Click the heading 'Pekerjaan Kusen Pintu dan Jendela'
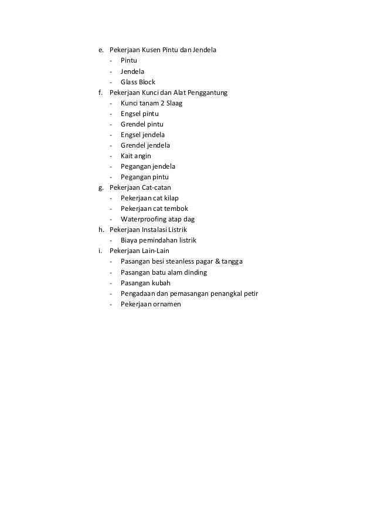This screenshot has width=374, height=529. (x=162, y=50)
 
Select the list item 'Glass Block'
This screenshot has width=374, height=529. (x=138, y=82)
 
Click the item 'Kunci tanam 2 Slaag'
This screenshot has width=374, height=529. (x=151, y=103)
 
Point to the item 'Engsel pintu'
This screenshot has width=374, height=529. (x=140, y=114)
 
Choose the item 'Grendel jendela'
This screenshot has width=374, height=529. (x=145, y=145)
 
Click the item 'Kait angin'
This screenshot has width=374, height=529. (x=136, y=156)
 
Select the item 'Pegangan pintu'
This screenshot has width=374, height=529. (x=145, y=177)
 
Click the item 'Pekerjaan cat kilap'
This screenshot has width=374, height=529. (x=149, y=198)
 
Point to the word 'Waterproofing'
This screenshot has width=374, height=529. (x=143, y=219)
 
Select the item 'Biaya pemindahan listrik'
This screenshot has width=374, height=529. (x=158, y=240)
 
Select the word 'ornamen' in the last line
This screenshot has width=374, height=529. (x=168, y=304)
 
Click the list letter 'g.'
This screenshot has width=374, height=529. (x=101, y=187)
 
